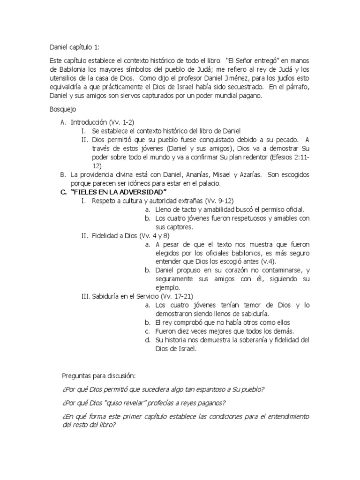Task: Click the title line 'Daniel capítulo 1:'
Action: coord(75,47)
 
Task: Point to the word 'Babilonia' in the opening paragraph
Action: coord(74,70)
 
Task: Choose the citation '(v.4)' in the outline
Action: coord(268,262)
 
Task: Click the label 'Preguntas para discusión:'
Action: coord(99,376)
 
